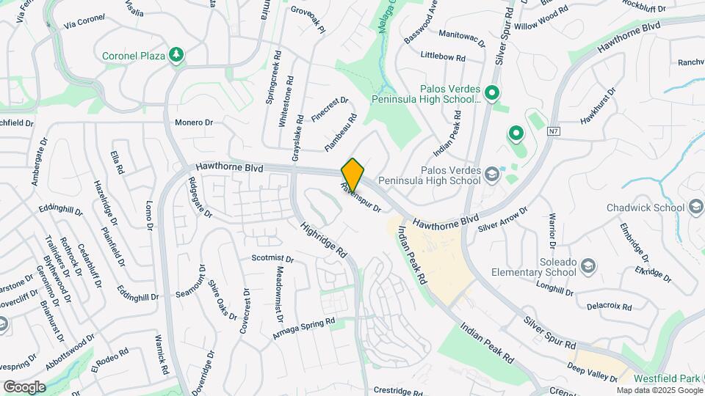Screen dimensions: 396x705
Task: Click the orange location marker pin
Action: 353,175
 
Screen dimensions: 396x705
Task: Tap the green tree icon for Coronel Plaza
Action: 176,54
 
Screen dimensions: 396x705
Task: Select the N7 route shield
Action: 557,132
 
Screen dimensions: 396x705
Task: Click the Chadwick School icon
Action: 694,208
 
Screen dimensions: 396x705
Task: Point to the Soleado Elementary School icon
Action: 587,265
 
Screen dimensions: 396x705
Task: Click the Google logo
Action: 24,387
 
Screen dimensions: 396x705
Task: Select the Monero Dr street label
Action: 194,122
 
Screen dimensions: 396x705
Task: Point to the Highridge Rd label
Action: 324,238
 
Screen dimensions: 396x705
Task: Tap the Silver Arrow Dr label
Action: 503,219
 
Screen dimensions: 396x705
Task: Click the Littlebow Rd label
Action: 444,56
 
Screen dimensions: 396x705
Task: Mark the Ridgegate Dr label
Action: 200,198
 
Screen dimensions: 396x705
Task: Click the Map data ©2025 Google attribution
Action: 659,390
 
